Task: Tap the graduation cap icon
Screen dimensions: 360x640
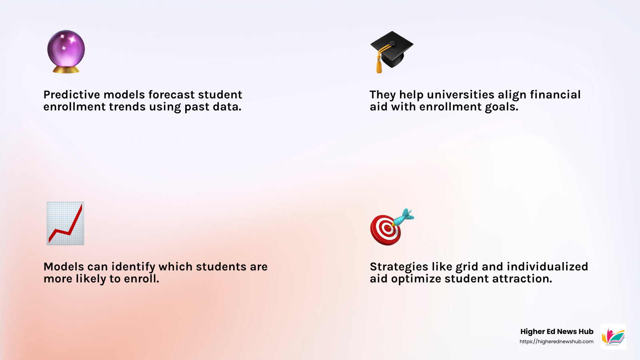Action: point(392,49)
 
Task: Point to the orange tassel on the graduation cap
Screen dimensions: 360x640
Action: point(379,64)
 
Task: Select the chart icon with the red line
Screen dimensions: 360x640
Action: point(65,223)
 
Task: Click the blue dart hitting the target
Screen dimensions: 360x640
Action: point(403,217)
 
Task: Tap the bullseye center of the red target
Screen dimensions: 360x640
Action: point(386,229)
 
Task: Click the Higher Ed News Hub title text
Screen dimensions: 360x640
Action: point(557,332)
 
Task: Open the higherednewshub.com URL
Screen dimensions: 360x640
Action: point(556,342)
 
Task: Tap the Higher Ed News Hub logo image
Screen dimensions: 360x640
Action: point(613,336)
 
